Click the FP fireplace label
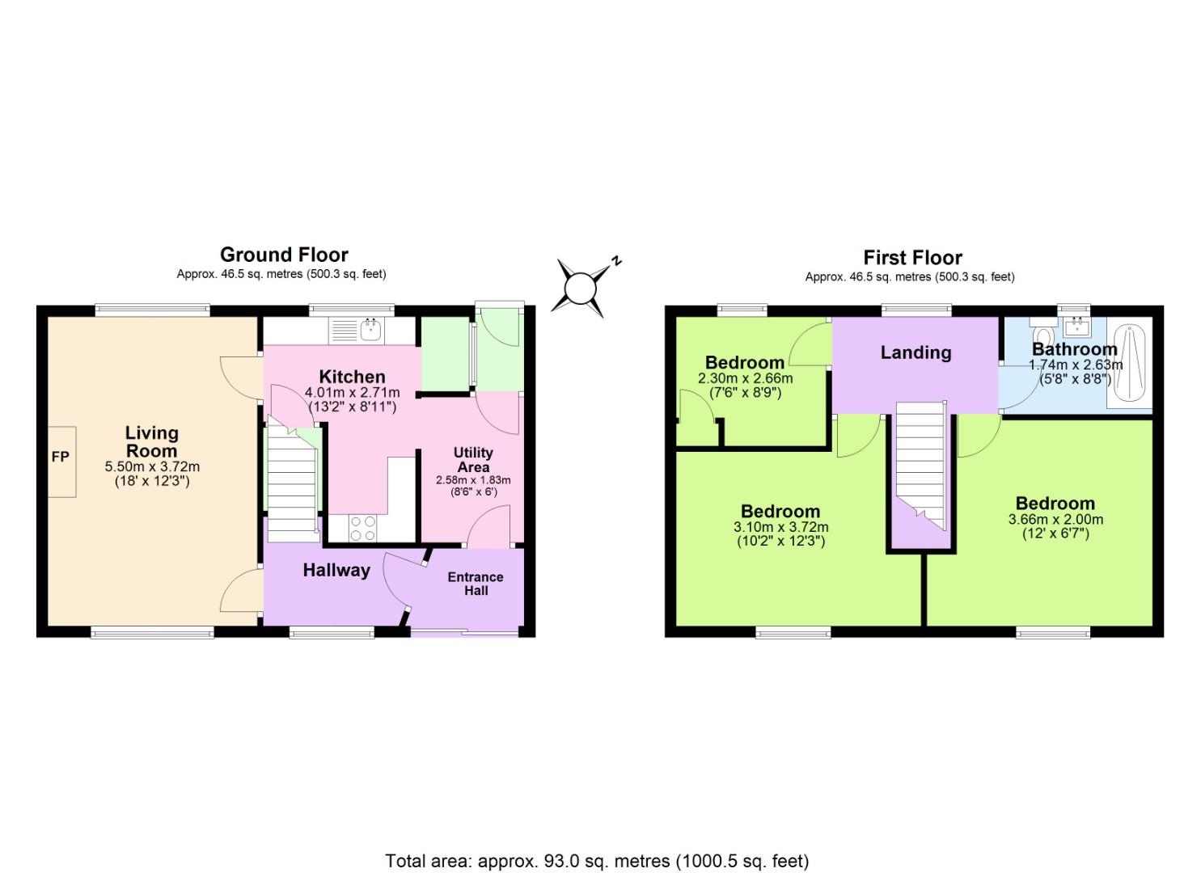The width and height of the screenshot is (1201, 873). (x=61, y=458)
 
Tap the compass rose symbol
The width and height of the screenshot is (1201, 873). (x=580, y=287)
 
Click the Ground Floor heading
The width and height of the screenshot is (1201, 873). (x=284, y=255)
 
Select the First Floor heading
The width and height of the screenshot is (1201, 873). (x=912, y=258)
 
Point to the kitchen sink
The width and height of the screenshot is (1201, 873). (x=371, y=327)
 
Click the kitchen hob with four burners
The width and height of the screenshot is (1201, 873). (x=362, y=528)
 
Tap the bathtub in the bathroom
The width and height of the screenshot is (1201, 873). (x=1128, y=365)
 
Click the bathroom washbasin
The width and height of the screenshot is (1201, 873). (x=1076, y=326)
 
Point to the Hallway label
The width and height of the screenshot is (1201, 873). (x=336, y=570)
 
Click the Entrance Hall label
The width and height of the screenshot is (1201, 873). (x=476, y=584)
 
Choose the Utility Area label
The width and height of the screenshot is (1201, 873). (x=473, y=460)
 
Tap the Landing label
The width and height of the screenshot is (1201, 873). (x=916, y=352)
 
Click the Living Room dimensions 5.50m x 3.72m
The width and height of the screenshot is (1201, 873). (x=152, y=467)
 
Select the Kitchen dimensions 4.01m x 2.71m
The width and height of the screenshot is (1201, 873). (x=352, y=393)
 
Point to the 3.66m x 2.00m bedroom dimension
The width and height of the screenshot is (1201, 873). (x=1055, y=520)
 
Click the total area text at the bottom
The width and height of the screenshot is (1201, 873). (x=597, y=861)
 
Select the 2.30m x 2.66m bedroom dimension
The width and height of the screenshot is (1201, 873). (x=745, y=378)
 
